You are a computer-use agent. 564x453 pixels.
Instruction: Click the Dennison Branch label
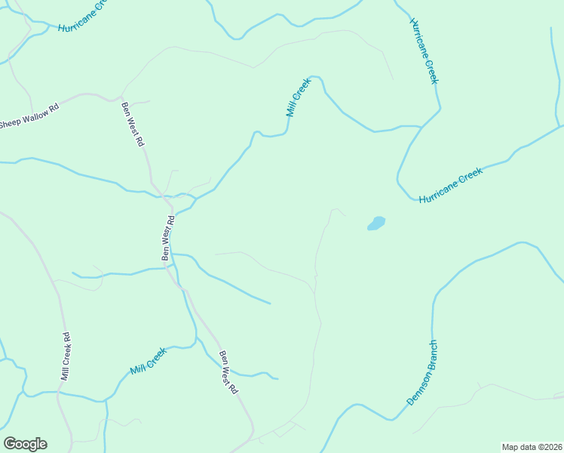[422, 372]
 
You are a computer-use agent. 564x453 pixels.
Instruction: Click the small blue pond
[375, 223]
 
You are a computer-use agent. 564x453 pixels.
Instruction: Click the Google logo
[25, 444]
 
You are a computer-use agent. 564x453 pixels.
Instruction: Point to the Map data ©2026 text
[532, 446]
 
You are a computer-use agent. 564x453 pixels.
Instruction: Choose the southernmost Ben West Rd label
[228, 372]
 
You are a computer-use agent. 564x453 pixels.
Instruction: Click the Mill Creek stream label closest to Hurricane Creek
[299, 98]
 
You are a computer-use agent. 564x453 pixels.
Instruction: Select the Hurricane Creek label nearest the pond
[450, 185]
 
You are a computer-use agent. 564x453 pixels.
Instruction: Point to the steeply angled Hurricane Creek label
[424, 50]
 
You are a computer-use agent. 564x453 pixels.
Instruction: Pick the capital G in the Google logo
[10, 444]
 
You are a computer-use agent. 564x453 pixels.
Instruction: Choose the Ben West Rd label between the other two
[168, 238]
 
